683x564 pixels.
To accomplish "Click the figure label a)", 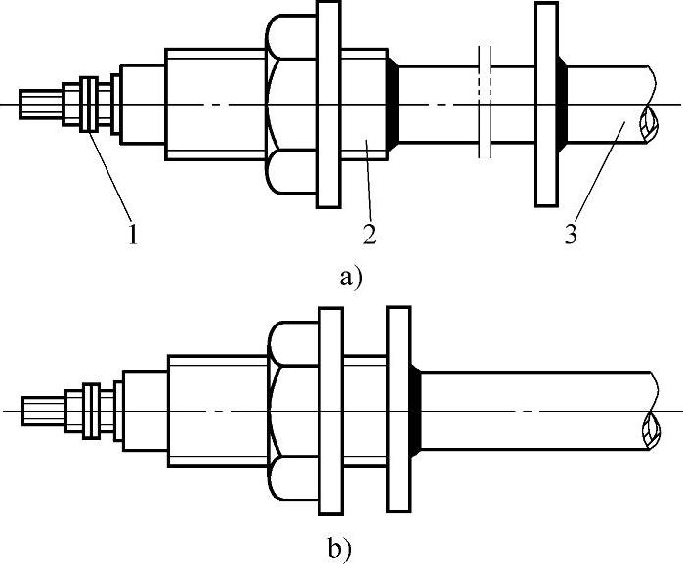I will pos(349,279).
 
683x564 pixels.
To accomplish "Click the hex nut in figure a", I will pos(288,105).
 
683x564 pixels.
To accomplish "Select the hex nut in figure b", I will pos(290,411).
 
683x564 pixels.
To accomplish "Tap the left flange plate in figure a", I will pos(329,105).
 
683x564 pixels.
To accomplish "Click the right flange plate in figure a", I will pos(546,105).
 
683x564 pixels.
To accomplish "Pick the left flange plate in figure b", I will pos(329,411).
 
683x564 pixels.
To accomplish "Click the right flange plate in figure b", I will pos(399,411).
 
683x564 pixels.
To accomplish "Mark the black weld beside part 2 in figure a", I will pos(392,105).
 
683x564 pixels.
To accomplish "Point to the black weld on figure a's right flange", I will pos(563,105).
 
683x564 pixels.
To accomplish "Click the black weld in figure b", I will pos(416,411).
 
